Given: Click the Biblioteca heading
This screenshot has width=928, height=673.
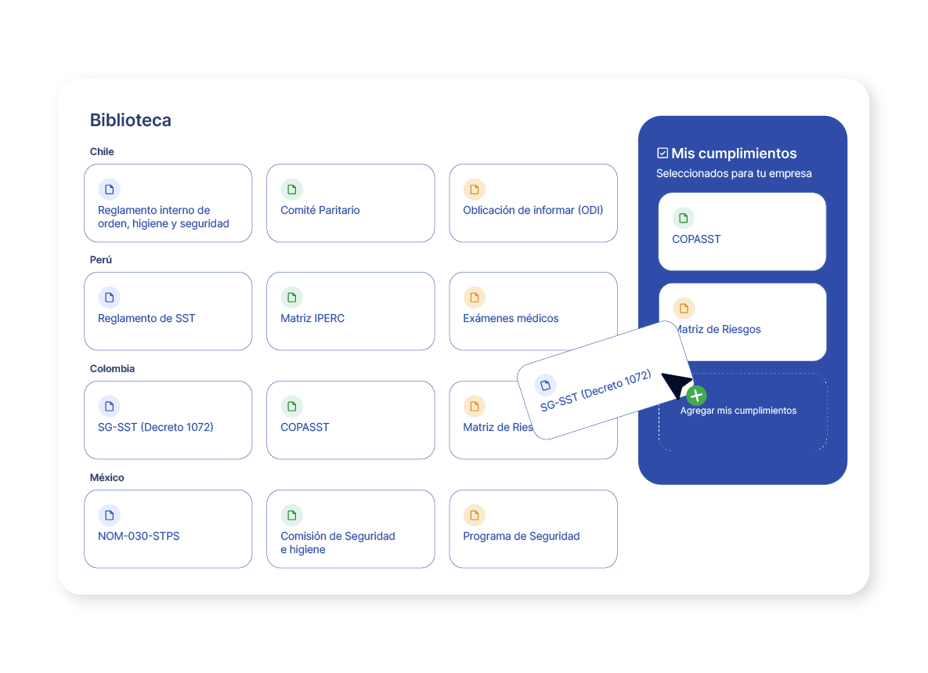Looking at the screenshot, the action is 130,120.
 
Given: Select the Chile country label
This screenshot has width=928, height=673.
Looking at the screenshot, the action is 102,151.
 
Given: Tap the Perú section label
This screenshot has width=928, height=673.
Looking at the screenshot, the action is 100,260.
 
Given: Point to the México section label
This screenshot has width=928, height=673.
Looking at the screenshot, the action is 107,478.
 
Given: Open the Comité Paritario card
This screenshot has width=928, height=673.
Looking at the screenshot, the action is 350,203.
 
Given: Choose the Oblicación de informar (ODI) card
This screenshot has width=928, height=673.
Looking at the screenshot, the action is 533,203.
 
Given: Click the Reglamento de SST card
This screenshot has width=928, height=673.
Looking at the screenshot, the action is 168,311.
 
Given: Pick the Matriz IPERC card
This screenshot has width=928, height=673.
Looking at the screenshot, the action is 350,311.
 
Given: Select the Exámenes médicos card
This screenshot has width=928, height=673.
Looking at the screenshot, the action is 533,311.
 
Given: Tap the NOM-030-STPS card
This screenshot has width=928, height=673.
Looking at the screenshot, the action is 168,529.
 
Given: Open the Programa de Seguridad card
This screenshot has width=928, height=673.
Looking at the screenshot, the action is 533,529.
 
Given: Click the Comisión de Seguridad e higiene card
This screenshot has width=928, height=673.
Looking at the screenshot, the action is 350,529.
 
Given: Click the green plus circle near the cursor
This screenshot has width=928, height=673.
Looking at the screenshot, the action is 697,396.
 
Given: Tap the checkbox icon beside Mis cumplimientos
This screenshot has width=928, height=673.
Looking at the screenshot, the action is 663,154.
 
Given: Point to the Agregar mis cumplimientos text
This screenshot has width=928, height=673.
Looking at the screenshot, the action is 738,411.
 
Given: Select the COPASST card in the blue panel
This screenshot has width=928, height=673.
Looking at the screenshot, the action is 742,231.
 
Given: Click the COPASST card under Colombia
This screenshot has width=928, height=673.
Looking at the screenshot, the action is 350,420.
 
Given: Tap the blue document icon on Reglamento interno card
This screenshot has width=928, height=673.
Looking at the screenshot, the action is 110,190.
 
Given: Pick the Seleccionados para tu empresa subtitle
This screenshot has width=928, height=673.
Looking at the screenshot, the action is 734,173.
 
